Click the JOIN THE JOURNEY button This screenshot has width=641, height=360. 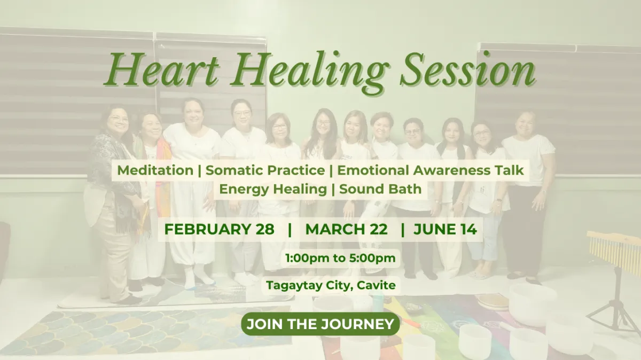320,324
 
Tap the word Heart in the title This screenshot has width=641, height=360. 162,69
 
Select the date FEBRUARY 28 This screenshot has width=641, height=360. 219,229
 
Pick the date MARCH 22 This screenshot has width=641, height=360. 346,229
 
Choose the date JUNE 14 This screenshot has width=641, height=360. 445,229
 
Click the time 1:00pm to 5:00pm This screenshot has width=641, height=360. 341,258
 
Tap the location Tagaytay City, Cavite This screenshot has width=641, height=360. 331,285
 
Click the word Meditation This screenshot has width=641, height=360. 155,170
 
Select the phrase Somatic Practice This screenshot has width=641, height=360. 265,170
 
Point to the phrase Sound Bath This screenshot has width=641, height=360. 380,189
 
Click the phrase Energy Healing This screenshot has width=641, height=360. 273,190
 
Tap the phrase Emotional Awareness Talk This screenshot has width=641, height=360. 431,170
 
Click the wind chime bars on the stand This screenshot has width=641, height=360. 614,249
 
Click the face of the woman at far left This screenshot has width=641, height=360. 118,122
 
